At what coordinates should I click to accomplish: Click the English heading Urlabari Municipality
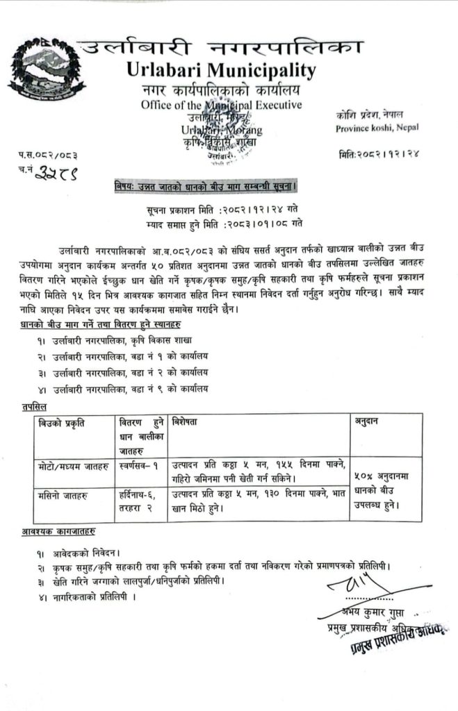(221, 70)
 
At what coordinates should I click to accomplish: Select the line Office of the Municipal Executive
(221, 106)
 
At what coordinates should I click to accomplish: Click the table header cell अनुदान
(368, 421)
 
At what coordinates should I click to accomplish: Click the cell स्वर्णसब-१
(138, 463)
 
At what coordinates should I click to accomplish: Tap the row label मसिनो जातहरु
(62, 497)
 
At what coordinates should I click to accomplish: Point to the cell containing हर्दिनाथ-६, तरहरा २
(139, 503)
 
